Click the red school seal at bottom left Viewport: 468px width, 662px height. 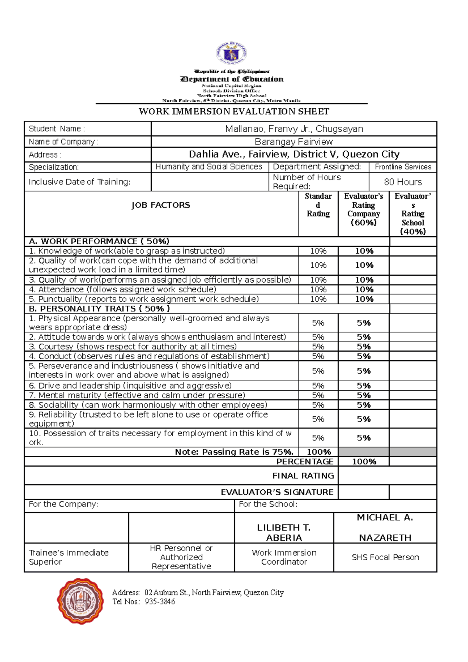(x=81, y=601)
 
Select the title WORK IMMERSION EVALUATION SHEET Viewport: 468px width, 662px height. (x=234, y=112)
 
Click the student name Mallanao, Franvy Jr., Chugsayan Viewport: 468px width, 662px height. (x=294, y=129)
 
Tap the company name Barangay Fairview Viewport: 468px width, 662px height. (x=294, y=142)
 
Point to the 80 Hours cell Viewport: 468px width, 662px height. (x=402, y=182)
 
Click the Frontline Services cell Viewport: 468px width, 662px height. (x=403, y=167)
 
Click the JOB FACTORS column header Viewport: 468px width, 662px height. (x=161, y=205)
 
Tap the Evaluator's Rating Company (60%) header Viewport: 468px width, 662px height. (x=363, y=209)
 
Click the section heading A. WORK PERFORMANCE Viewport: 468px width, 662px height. (x=99, y=241)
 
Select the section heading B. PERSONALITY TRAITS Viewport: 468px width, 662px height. (x=99, y=309)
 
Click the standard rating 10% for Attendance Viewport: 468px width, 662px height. (x=318, y=290)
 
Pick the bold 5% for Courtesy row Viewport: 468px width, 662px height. (x=363, y=347)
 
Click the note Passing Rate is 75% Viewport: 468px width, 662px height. (x=234, y=452)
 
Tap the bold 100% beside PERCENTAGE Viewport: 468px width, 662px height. (x=364, y=462)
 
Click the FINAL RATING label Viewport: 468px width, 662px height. (x=303, y=476)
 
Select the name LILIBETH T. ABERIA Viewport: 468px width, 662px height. (x=284, y=533)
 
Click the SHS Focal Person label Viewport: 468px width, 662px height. (x=385, y=558)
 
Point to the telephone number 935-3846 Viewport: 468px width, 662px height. (x=160, y=602)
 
